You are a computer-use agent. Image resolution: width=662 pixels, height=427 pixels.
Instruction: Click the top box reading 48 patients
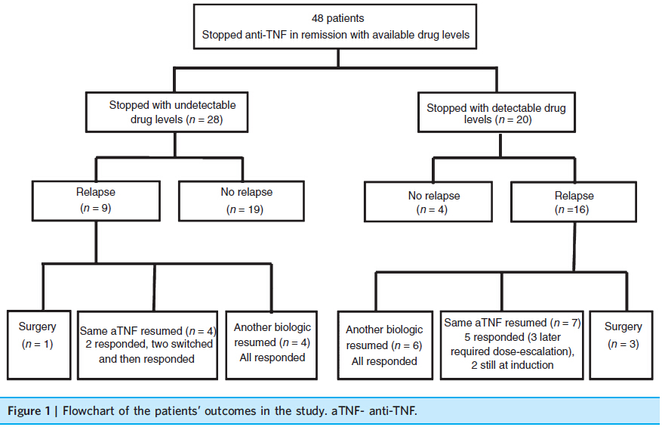(335, 26)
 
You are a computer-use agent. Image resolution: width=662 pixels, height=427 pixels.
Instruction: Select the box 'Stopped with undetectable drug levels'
(167, 112)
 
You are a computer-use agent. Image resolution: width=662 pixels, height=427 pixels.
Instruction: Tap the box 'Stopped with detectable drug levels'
(497, 113)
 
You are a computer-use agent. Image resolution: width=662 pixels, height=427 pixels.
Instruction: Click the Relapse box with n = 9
(96, 201)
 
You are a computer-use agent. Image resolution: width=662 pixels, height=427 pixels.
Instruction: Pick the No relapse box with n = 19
(242, 201)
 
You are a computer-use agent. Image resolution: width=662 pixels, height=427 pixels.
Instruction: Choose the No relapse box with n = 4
(428, 202)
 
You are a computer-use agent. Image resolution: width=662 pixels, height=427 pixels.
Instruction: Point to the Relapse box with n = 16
(574, 202)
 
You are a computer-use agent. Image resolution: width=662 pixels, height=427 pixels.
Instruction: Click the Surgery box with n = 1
(38, 345)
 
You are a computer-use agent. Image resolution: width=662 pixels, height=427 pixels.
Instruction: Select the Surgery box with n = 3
(621, 345)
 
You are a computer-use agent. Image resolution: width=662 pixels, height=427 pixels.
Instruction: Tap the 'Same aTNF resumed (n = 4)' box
(147, 345)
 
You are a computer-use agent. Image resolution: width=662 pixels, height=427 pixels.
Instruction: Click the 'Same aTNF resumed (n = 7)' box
(512, 345)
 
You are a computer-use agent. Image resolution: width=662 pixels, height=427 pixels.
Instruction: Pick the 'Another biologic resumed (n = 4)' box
(272, 345)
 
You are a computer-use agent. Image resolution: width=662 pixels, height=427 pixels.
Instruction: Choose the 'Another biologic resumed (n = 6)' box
(385, 345)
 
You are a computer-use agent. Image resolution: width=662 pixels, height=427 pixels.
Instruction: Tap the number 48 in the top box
(317, 18)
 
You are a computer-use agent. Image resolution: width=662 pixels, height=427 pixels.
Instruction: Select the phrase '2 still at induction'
(512, 365)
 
